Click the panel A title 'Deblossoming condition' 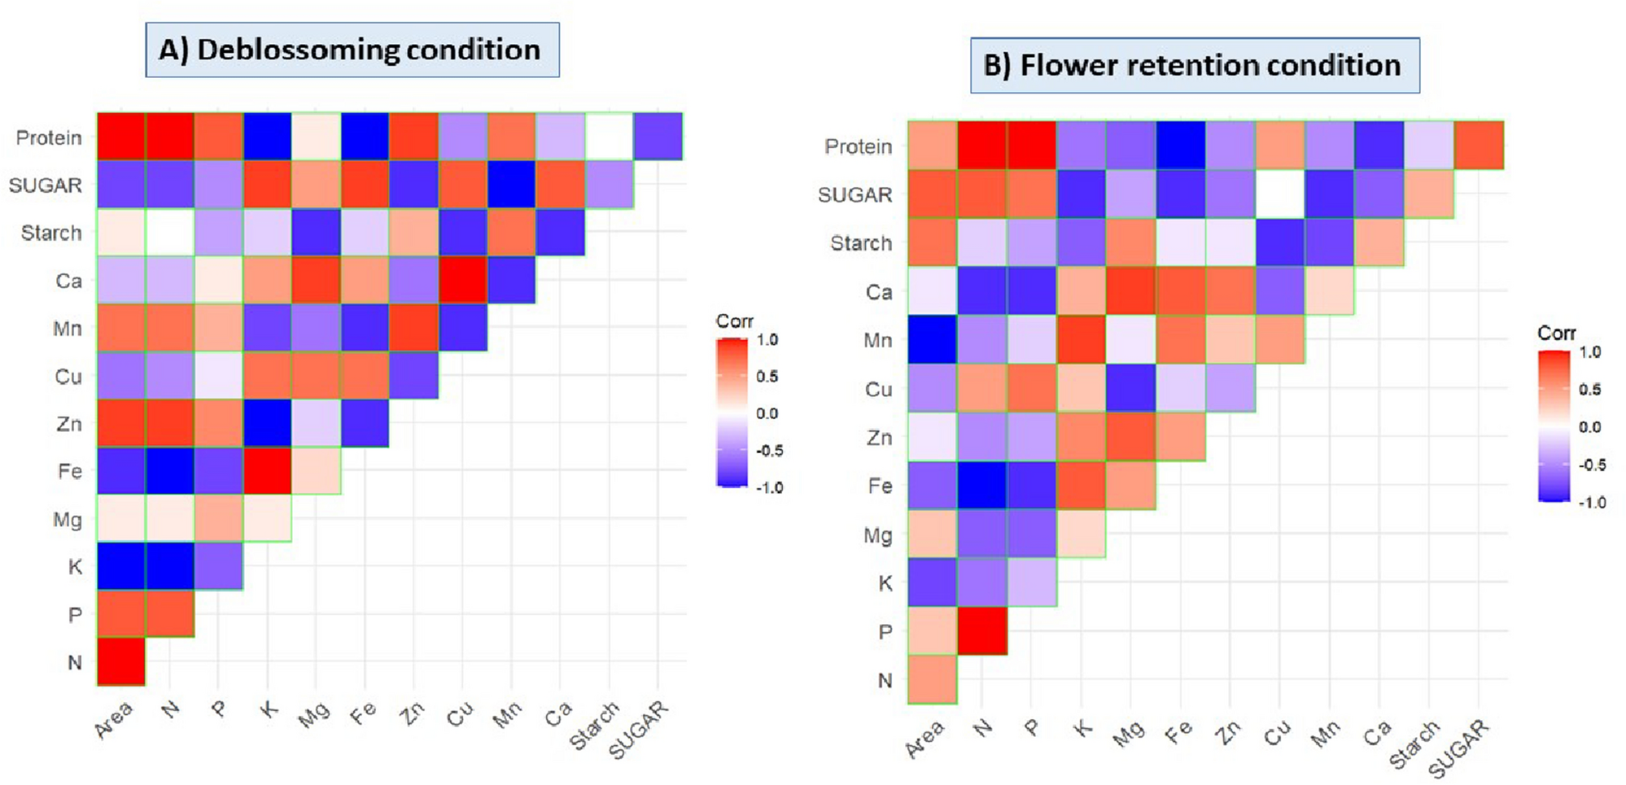click(352, 50)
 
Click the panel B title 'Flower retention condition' click(1195, 65)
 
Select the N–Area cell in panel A click(121, 661)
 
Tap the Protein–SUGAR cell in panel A click(658, 137)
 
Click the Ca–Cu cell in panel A click(462, 280)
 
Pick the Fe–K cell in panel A click(267, 471)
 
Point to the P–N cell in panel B click(982, 630)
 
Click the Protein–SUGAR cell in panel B click(1479, 146)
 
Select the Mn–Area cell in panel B click(933, 339)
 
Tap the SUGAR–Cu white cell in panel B click(1280, 194)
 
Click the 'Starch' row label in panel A click(50, 233)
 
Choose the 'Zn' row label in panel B click(878, 438)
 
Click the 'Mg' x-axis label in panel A click(314, 714)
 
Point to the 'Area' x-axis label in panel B click(925, 738)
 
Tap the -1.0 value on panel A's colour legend click(769, 487)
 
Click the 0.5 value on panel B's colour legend click(1589, 390)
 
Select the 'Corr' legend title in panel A click(734, 321)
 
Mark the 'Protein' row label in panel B click(858, 146)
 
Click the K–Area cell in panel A click(121, 566)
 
